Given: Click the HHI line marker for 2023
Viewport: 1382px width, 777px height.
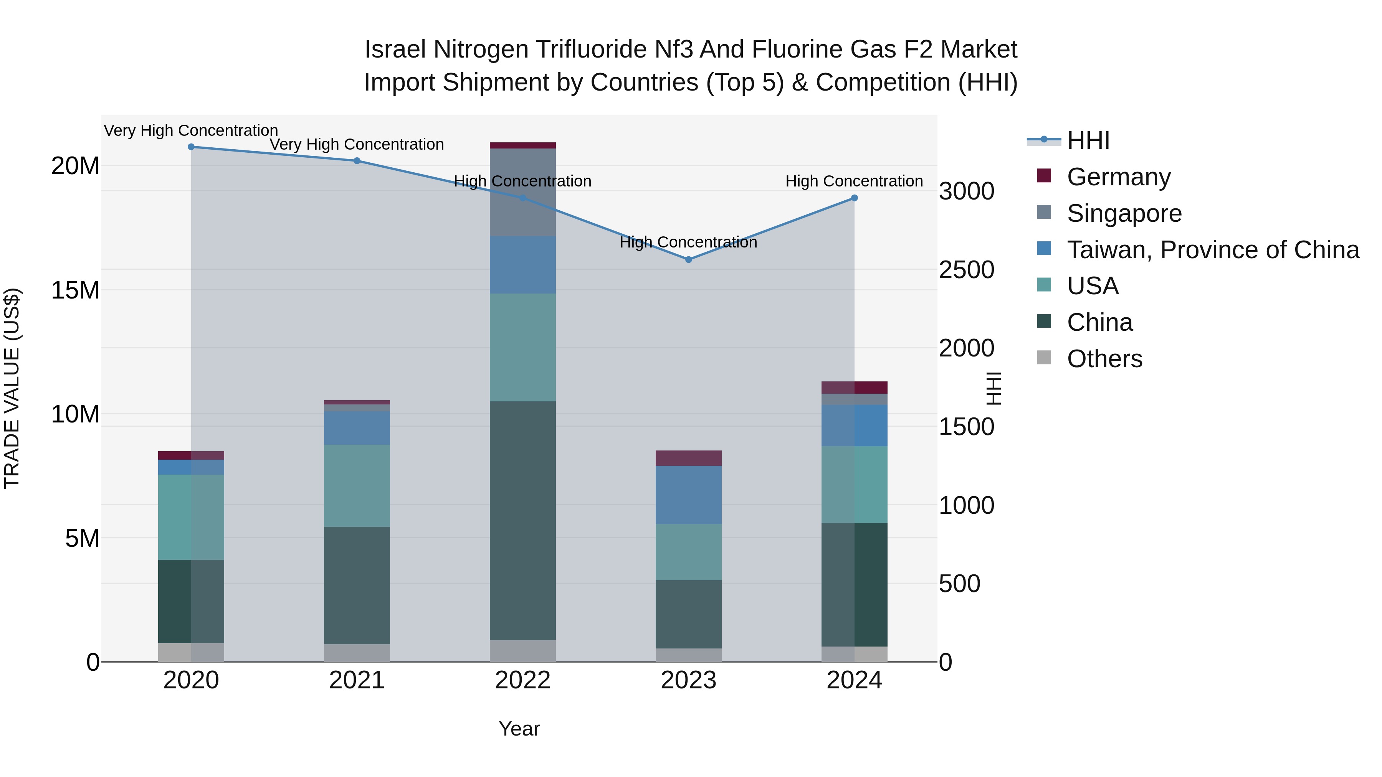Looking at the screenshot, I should (688, 259).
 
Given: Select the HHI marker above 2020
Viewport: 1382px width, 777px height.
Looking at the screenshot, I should (191, 147).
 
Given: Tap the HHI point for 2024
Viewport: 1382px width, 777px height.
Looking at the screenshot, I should (854, 198).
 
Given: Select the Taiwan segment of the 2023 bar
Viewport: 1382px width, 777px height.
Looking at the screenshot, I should (688, 495).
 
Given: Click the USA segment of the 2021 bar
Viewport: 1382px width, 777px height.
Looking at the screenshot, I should (357, 485).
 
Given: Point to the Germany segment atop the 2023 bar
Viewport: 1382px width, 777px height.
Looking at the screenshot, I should (688, 458).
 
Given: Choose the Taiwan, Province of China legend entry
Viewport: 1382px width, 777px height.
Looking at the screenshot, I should (1212, 249).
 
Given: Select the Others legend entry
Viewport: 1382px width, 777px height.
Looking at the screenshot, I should (1104, 358).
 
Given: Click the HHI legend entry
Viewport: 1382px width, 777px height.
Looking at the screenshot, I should (1088, 140).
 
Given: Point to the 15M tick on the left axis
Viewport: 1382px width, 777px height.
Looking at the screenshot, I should (75, 290).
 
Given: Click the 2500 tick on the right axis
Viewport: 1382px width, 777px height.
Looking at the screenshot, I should (966, 270).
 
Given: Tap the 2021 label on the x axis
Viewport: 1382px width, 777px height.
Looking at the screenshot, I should (357, 680).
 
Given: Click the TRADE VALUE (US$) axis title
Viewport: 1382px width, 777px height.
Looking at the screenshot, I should (12, 388).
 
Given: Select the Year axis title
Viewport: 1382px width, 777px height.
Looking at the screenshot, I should (519, 729).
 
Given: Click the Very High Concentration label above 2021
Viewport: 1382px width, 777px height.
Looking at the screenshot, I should (357, 144).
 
